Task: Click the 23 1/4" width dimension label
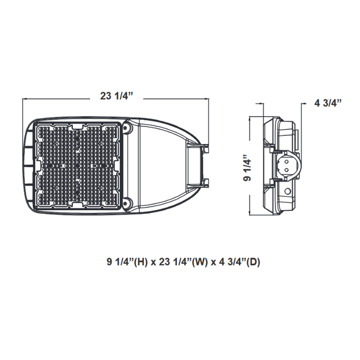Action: point(118,96)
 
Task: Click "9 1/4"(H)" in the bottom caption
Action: point(126,261)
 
